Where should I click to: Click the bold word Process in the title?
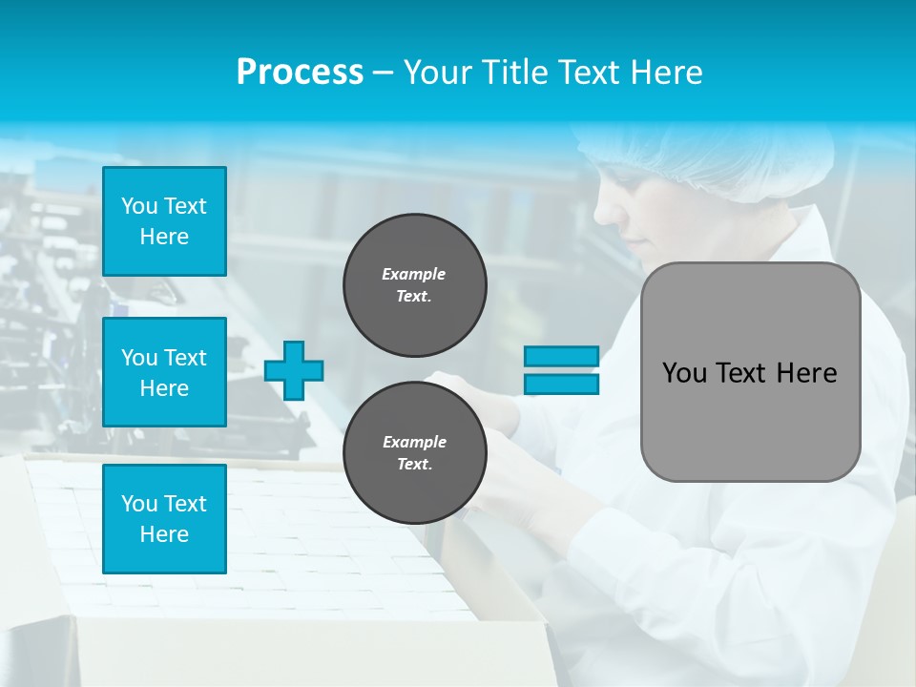[300, 73]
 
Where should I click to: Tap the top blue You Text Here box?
[164, 221]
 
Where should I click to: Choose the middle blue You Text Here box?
[164, 372]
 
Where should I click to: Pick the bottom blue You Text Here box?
[164, 519]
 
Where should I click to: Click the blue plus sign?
[294, 370]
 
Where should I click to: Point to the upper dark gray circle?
[414, 285]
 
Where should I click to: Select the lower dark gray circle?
[414, 453]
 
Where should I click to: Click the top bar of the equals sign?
[561, 356]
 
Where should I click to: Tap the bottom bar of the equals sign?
[561, 385]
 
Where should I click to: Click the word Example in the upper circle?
[413, 274]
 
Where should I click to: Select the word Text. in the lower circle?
[414, 465]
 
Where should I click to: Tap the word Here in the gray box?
[806, 373]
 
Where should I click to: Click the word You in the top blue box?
[138, 206]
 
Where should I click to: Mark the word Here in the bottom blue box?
[164, 534]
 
